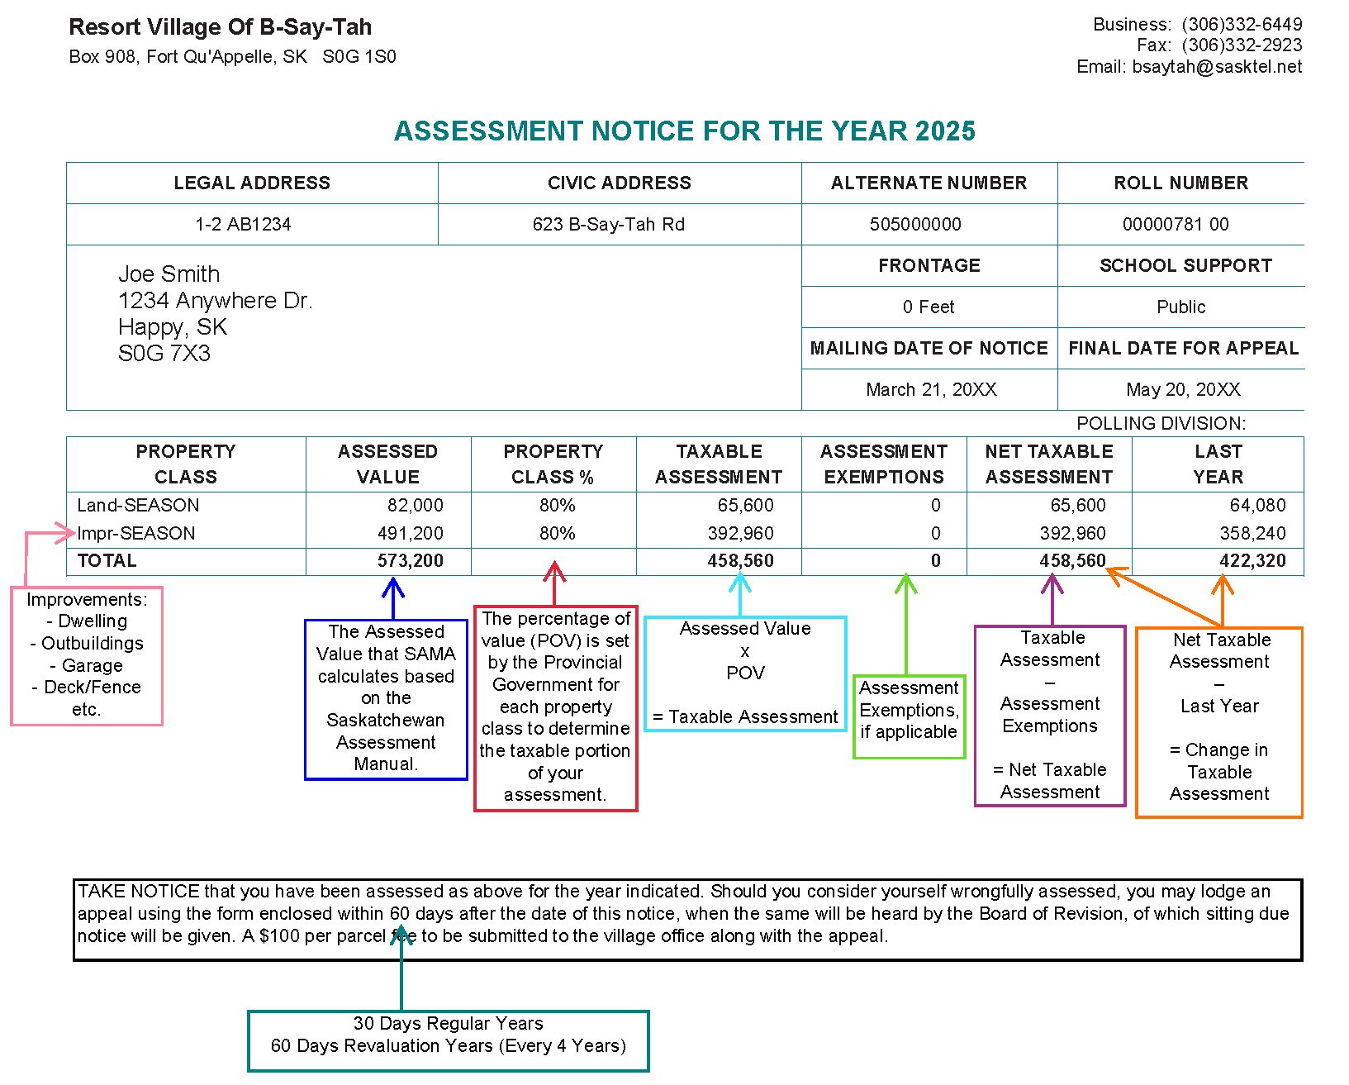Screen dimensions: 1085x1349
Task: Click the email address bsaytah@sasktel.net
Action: coord(1217,67)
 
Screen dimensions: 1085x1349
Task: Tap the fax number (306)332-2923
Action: coord(1242,45)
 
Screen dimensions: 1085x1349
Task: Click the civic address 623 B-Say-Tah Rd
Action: coord(608,225)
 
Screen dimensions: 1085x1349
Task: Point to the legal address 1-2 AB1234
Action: coord(243,225)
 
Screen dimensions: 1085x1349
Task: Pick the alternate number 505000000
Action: coord(915,225)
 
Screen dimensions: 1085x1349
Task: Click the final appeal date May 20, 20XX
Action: coord(1183,390)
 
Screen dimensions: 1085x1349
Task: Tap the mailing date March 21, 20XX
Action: coord(931,390)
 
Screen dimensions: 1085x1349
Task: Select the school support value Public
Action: coord(1180,307)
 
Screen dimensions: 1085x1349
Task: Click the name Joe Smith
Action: coord(169,274)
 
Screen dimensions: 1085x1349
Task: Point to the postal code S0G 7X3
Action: coord(164,354)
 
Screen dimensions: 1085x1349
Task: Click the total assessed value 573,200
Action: coord(410,561)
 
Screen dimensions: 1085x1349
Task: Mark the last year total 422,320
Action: coord(1252,561)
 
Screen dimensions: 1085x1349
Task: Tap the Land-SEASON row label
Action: coord(138,506)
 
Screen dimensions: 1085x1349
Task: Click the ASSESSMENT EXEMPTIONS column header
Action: coord(883,464)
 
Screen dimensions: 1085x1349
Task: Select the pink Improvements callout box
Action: coord(87,655)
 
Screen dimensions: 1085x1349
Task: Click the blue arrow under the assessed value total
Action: coord(393,597)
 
